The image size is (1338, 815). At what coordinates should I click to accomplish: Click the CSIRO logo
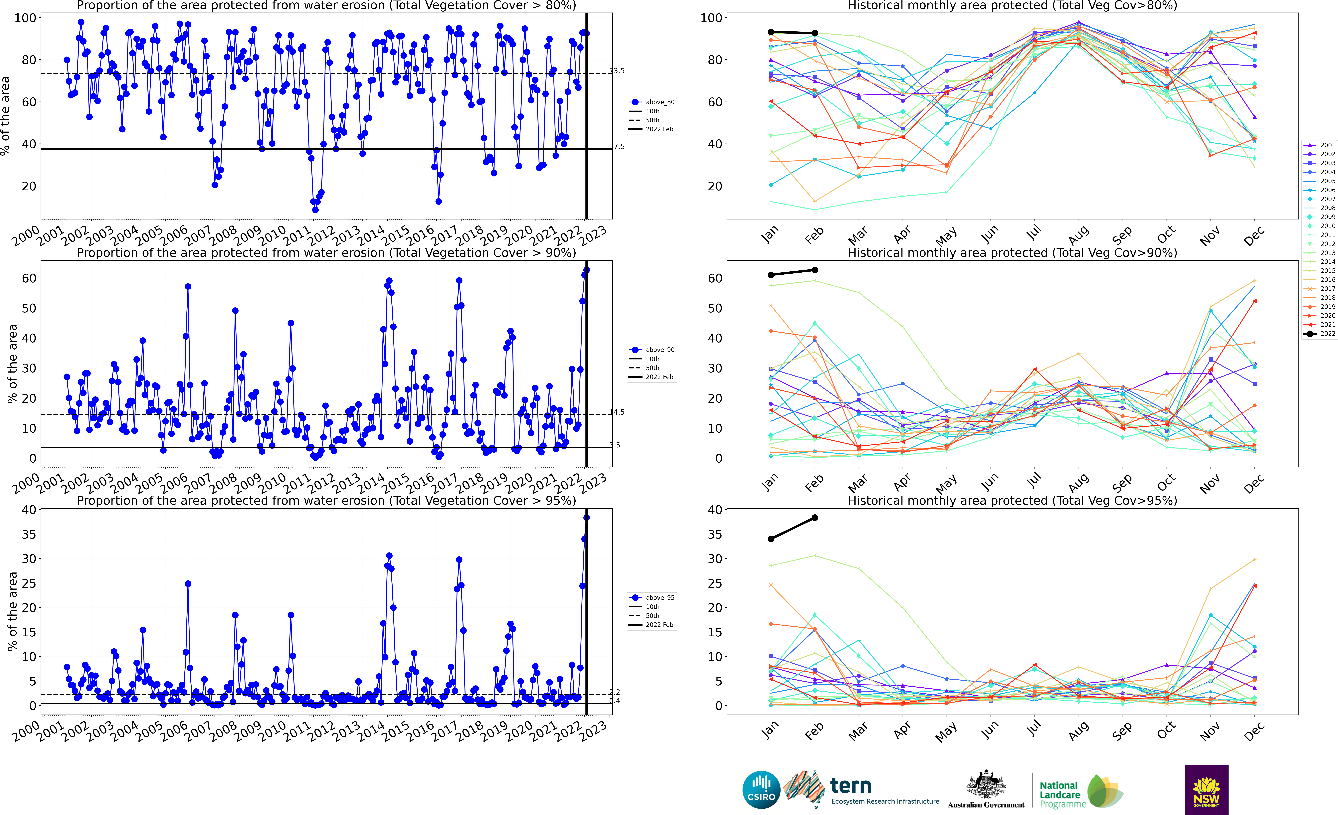(761, 789)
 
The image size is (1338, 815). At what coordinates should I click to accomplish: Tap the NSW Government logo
(1206, 789)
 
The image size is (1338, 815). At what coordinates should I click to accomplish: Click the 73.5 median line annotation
(616, 71)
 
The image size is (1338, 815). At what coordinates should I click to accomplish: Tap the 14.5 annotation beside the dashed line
(616, 412)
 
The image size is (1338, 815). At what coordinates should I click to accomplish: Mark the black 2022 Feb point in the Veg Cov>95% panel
(815, 518)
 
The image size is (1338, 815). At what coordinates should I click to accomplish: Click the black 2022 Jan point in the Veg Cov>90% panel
(771, 275)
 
